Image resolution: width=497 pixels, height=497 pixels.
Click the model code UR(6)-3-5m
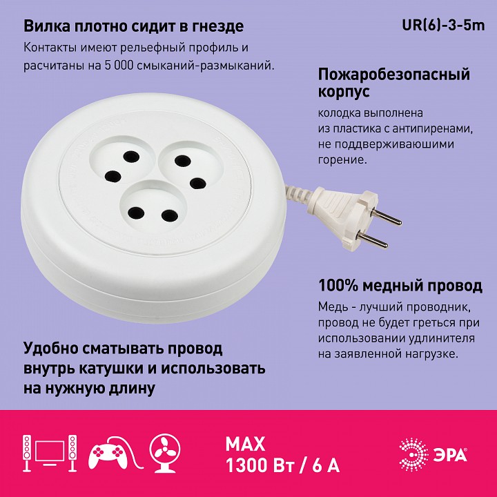pyautogui.click(x=444, y=26)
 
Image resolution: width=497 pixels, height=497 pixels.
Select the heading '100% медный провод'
pyautogui.click(x=400, y=285)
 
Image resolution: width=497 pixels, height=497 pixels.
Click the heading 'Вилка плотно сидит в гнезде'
pyautogui.click(x=133, y=27)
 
